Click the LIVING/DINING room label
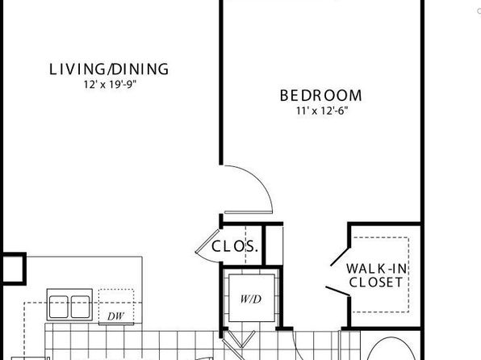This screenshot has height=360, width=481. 109,69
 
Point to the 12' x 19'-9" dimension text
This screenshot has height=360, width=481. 110,85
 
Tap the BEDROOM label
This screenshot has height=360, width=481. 321,95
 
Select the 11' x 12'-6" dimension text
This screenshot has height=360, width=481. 322,111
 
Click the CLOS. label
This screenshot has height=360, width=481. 235,246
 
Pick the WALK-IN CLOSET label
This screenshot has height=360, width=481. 376,275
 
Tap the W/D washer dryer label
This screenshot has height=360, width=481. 251,299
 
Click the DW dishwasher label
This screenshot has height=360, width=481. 115,316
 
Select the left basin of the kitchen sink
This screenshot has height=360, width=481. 59,307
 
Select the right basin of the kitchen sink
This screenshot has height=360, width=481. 81,307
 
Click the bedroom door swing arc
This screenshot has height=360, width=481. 260,180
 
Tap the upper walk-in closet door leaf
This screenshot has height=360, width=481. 341,257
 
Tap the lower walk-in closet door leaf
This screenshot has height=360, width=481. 337,291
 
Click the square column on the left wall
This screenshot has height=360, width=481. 13,269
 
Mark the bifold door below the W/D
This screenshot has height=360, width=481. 241,339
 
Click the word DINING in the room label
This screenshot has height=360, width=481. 140,69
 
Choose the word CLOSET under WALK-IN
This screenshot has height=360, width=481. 376,283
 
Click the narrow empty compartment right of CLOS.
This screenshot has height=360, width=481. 274,245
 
